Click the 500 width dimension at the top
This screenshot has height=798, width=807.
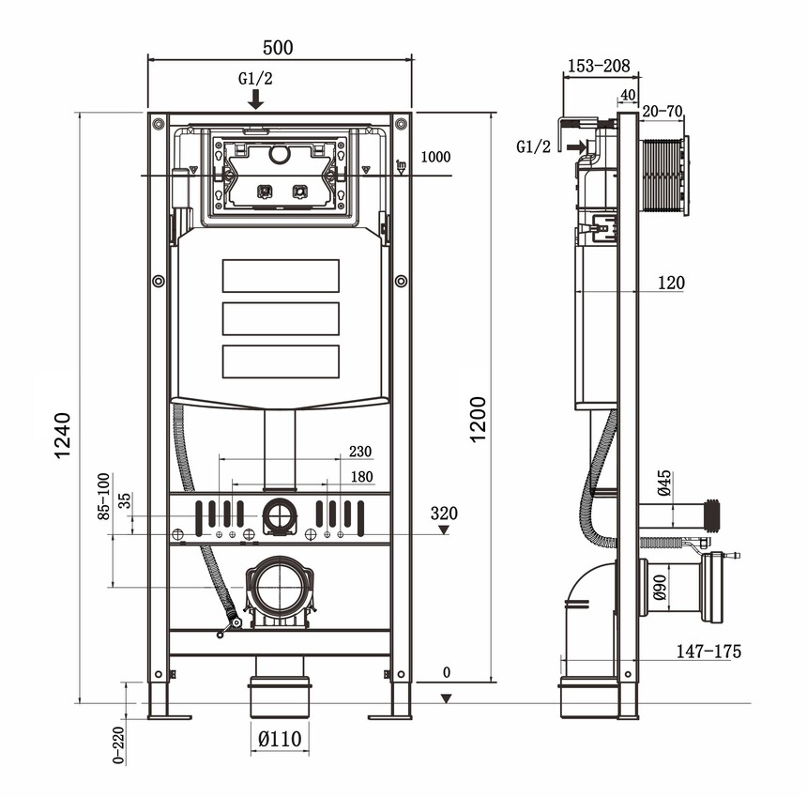click(279, 47)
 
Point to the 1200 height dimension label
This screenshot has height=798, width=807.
click(478, 420)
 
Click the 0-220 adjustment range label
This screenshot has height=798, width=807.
click(119, 744)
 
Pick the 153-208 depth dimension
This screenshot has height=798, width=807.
click(598, 67)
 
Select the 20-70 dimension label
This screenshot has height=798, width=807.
click(662, 111)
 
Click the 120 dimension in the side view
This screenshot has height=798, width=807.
click(671, 282)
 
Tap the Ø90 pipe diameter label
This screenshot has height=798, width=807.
click(659, 587)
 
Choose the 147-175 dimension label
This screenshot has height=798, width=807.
click(709, 651)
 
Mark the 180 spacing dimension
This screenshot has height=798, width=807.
click(361, 477)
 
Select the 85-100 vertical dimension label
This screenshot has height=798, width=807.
click(103, 496)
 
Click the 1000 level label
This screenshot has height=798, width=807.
click(435, 157)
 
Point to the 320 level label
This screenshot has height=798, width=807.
click(444, 514)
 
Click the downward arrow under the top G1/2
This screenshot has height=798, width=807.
click(255, 100)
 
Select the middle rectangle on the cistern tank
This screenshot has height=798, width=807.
click(280, 318)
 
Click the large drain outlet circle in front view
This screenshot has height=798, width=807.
click(279, 588)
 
